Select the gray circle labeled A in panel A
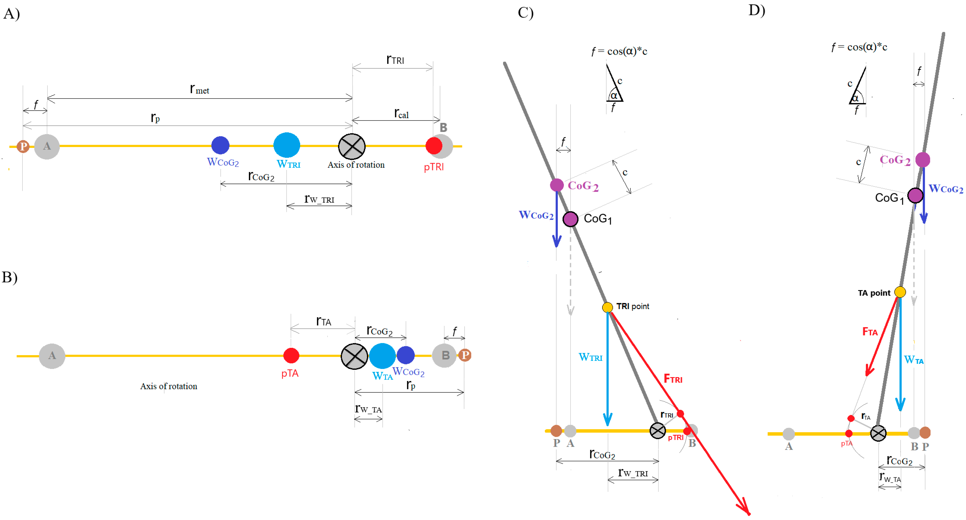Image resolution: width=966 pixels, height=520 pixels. pos(47,146)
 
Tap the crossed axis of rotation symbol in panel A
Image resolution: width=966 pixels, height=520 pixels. pos(352,146)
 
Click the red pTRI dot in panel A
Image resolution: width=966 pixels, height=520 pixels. pos(434,146)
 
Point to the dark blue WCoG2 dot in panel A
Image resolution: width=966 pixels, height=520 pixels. pos(220,145)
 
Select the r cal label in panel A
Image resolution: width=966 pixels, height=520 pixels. pos(401,113)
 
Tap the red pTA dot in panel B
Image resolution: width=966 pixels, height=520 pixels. pos(291,355)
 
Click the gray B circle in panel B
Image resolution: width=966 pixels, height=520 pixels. pos(444,355)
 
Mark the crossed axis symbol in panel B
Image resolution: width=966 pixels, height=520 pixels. pos(354,356)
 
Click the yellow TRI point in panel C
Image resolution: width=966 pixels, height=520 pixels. pos(607,308)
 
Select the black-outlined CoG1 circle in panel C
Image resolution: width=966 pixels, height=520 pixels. pos(570,219)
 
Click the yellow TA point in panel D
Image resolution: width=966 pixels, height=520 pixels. pos(900,292)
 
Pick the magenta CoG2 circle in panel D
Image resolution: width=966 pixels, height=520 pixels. pos(922,160)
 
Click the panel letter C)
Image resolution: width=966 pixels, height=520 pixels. pos(525,13)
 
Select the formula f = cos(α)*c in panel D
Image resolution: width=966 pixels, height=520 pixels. pos(859,47)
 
